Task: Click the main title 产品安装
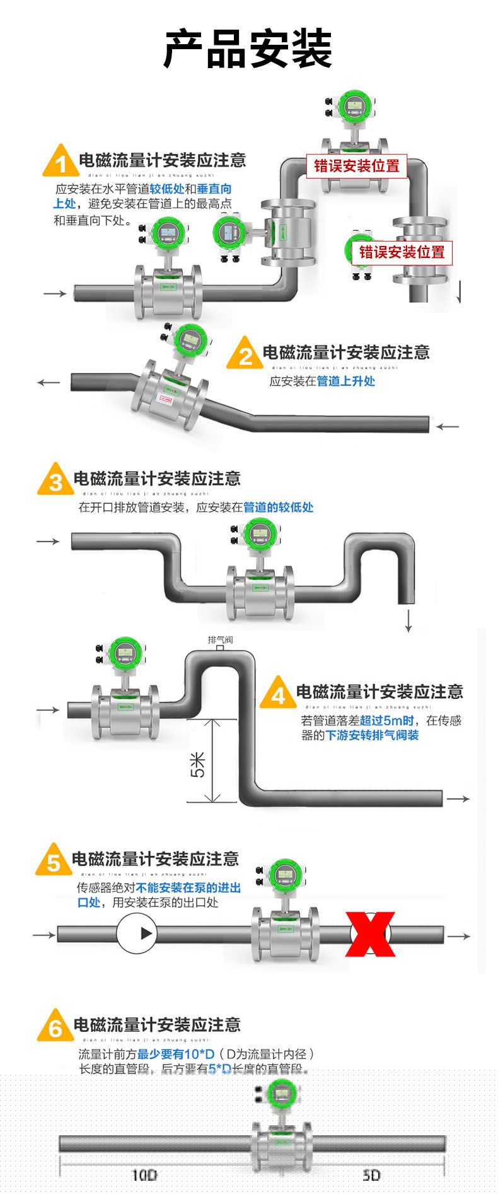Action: pyautogui.click(x=248, y=49)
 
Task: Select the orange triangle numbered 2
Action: pyautogui.click(x=245, y=354)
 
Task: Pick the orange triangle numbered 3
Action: pyautogui.click(x=55, y=481)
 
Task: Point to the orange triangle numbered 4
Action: pyautogui.click(x=278, y=694)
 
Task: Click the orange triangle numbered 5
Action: pyautogui.click(x=54, y=861)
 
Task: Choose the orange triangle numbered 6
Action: pyautogui.click(x=55, y=1027)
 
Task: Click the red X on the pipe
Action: pyautogui.click(x=370, y=934)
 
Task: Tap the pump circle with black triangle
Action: pyautogui.click(x=136, y=934)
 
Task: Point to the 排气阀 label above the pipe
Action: pyautogui.click(x=220, y=640)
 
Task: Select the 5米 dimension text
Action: pyautogui.click(x=197, y=764)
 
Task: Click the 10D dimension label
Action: pyautogui.click(x=144, y=1174)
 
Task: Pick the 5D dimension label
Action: pyautogui.click(x=371, y=1174)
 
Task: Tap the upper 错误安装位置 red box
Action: pyautogui.click(x=357, y=166)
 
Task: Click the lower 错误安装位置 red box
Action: pyautogui.click(x=402, y=252)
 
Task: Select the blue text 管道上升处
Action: pyautogui.click(x=345, y=381)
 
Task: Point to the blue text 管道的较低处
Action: pyautogui.click(x=278, y=507)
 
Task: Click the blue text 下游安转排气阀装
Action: pyautogui.click(x=372, y=735)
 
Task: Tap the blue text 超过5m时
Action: pyautogui.click(x=387, y=720)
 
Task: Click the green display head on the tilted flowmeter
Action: pyautogui.click(x=190, y=341)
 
